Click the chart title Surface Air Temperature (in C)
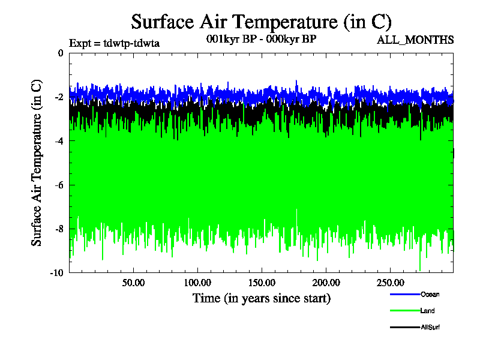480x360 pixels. pyautogui.click(x=261, y=22)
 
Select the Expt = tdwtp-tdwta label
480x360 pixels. pyautogui.click(x=114, y=43)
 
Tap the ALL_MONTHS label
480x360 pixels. pyautogui.click(x=415, y=40)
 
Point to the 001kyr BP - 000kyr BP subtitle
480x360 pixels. pyautogui.click(x=261, y=39)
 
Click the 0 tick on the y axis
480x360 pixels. pyautogui.click(x=60, y=53)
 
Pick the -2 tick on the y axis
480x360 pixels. pyautogui.click(x=59, y=97)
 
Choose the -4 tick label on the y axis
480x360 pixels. pyautogui.click(x=59, y=141)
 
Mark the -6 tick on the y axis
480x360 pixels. pyautogui.click(x=59, y=185)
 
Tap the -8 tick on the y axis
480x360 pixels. pyautogui.click(x=59, y=229)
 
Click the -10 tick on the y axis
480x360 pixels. pyautogui.click(x=57, y=272)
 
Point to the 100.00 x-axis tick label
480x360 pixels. pyautogui.click(x=197, y=282)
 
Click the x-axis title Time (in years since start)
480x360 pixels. pyautogui.click(x=261, y=298)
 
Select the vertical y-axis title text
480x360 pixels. pyautogui.click(x=37, y=162)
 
